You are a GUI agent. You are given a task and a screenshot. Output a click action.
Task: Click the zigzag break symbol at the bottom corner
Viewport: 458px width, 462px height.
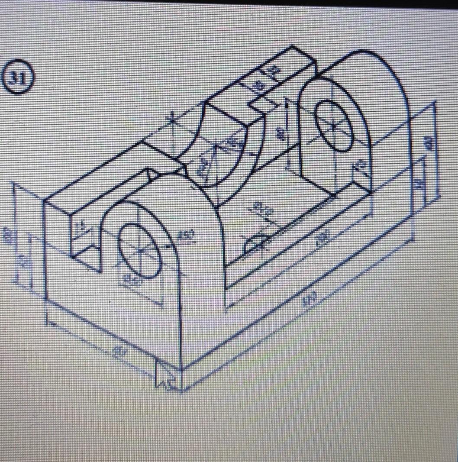164,379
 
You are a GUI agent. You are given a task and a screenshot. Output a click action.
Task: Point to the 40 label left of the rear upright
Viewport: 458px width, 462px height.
282,135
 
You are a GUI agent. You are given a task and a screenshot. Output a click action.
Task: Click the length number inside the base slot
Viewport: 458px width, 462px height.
324,237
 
